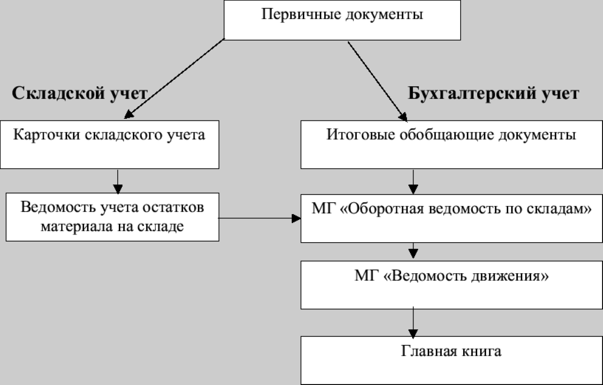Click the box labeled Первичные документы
[342, 20]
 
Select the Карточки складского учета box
[109, 144]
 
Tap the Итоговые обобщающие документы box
[451, 144]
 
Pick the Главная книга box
[451, 359]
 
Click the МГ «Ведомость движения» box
[451, 284]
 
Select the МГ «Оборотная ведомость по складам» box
[451, 218]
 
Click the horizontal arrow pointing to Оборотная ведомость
[259, 218]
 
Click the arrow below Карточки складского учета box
[118, 181]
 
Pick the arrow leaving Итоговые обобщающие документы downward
[413, 181]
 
